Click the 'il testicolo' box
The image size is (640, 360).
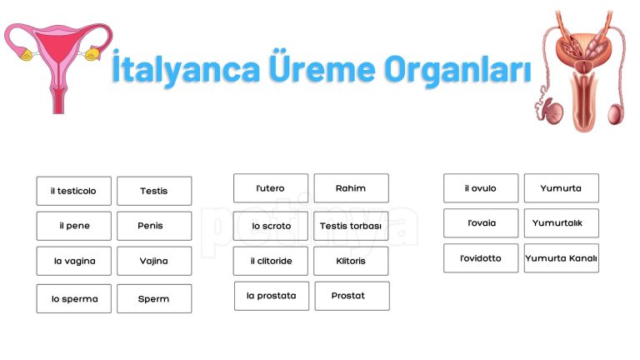click(x=73, y=191)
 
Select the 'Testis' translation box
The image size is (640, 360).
click(x=154, y=191)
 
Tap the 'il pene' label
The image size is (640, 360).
click(x=73, y=226)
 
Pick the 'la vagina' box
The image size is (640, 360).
click(x=73, y=261)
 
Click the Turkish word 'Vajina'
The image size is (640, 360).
click(x=154, y=261)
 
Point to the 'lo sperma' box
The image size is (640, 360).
click(x=73, y=298)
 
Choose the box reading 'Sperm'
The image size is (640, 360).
click(x=154, y=298)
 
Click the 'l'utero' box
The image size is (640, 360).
click(x=270, y=188)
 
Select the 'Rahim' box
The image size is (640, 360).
click(x=351, y=188)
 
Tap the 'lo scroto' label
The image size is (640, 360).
click(x=270, y=226)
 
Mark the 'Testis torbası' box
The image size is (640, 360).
click(x=351, y=226)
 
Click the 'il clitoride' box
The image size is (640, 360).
click(x=270, y=261)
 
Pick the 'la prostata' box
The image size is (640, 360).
click(x=271, y=296)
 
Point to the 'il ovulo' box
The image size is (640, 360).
click(x=480, y=188)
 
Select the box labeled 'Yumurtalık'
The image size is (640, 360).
click(x=561, y=223)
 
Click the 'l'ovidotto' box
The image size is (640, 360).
click(x=480, y=258)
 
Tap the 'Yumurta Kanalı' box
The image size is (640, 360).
click(x=561, y=258)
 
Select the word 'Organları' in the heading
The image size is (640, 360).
click(x=457, y=72)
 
